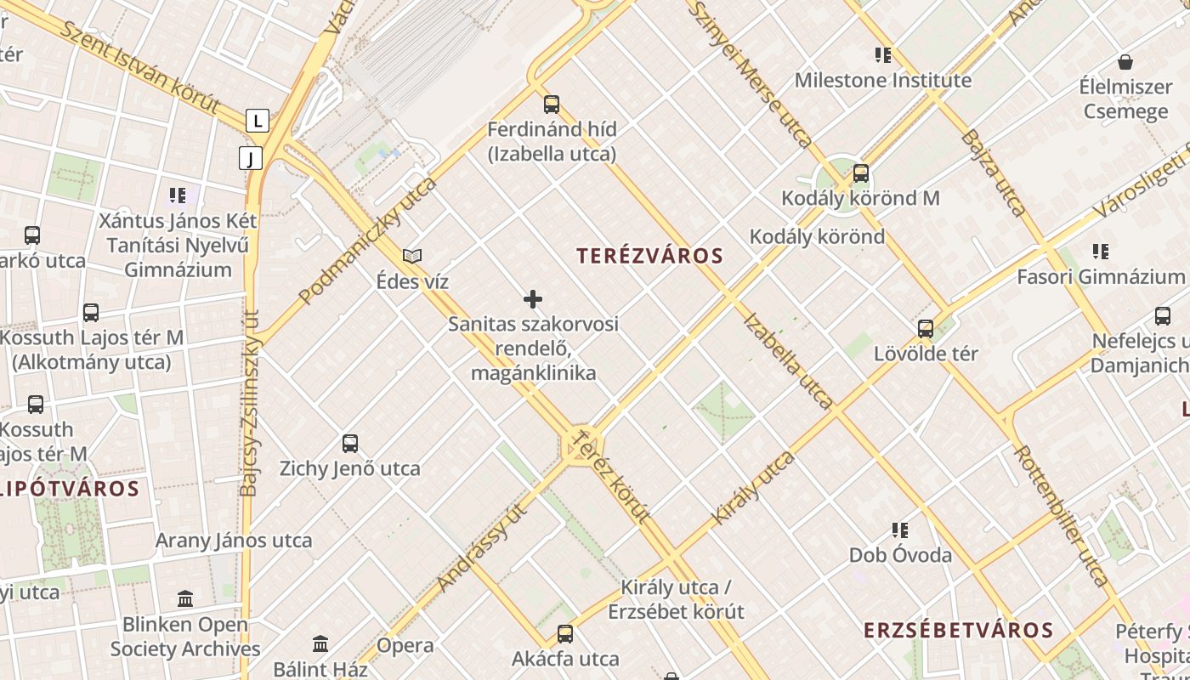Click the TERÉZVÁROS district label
(x=649, y=256)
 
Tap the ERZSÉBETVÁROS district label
(x=958, y=630)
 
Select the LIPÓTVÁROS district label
(x=70, y=489)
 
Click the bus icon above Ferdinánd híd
(x=552, y=105)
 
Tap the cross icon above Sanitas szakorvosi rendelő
(x=533, y=299)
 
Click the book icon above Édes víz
(x=412, y=256)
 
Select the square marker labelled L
(x=257, y=121)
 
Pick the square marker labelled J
(x=251, y=158)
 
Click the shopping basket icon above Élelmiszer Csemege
(x=1125, y=62)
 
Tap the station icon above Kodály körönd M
(x=860, y=173)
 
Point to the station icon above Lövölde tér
(x=926, y=328)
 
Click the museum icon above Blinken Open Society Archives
(x=185, y=598)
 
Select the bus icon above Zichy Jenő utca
(x=349, y=443)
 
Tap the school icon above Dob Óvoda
(x=900, y=530)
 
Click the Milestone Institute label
(x=882, y=81)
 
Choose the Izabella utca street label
(x=787, y=360)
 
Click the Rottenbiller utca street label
(x=1061, y=515)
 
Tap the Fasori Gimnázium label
(x=1100, y=277)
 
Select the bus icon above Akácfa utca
(x=565, y=633)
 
